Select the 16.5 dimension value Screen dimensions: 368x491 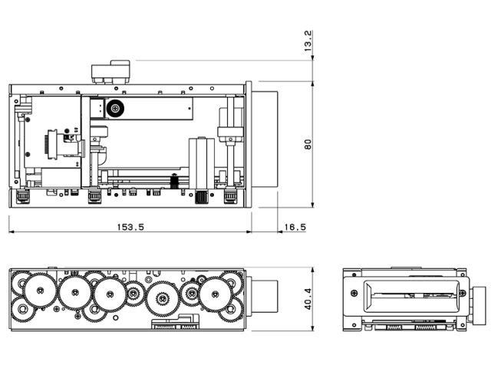click(x=295, y=227)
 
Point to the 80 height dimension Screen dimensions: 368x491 click(x=308, y=144)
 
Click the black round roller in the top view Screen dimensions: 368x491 click(x=117, y=108)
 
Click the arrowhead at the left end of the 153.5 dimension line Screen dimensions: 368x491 click(x=12, y=233)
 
